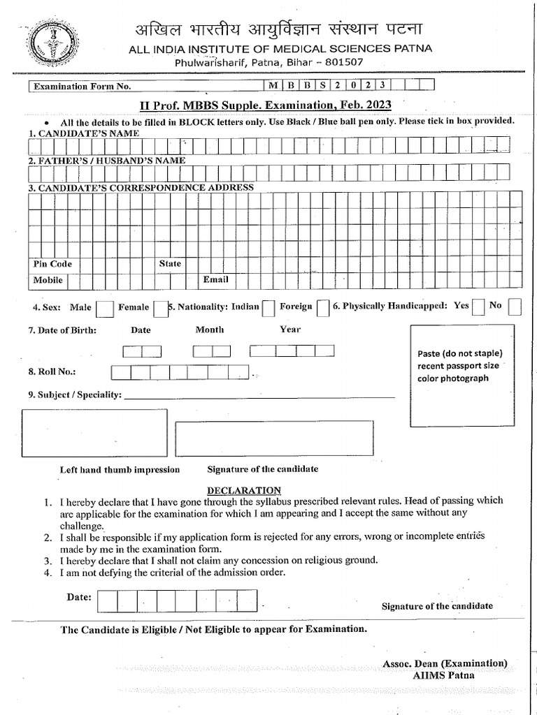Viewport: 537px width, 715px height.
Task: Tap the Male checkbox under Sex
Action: pos(105,308)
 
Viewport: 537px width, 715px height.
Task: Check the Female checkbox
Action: pos(160,308)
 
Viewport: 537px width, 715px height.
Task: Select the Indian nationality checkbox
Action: pos(268,308)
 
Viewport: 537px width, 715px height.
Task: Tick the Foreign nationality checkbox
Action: pos(322,308)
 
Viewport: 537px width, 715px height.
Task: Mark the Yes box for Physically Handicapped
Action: pos(479,307)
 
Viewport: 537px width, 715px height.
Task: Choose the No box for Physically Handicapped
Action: pos(515,307)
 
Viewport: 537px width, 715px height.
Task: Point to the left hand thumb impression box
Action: pos(95,432)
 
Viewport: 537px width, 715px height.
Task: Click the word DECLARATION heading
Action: pos(244,490)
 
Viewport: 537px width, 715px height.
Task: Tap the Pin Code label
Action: pos(52,264)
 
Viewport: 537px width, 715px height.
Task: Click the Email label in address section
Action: pos(215,280)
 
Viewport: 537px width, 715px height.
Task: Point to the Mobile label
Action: pos(48,280)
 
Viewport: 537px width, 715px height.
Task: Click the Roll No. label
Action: pos(52,372)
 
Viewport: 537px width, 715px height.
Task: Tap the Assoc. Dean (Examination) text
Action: pos(445,663)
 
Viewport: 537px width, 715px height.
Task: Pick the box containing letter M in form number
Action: pos(272,86)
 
